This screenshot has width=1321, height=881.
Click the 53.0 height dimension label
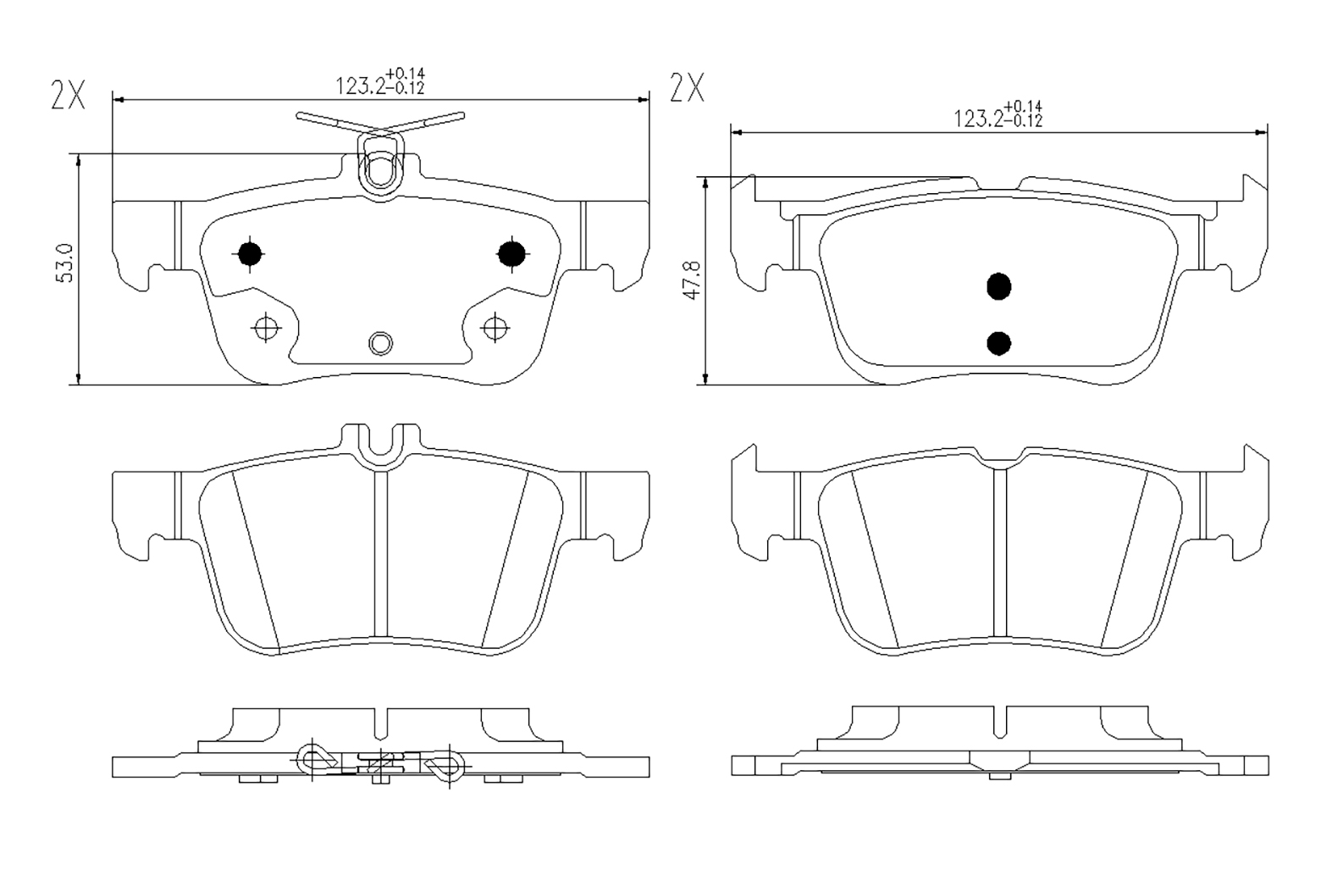coord(65,263)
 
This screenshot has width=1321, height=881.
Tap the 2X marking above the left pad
coord(68,95)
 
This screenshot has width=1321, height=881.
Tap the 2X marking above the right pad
coord(687,87)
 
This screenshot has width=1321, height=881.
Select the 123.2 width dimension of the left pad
coord(380,82)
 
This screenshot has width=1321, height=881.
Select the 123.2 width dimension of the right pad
coord(998,114)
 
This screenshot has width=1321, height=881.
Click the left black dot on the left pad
coord(250,254)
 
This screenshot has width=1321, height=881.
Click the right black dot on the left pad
coord(511,254)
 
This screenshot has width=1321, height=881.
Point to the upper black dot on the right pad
coord(999,287)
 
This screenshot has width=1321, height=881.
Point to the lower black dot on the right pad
coord(999,343)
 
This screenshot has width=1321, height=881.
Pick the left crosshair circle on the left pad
coord(266,327)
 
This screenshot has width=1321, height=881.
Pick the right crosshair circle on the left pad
coord(495,327)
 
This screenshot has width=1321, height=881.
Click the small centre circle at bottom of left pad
coord(380,343)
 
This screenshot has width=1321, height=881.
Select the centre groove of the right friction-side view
coord(999,551)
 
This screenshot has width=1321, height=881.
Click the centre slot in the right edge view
coord(999,723)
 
